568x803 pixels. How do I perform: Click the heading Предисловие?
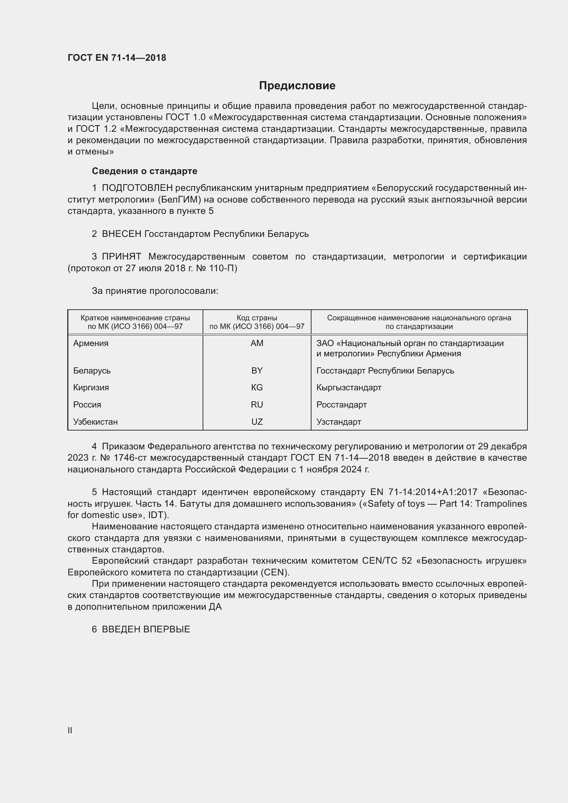[297, 86]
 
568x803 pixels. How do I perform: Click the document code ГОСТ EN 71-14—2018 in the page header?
[117, 58]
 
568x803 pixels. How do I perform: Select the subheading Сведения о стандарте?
[145, 171]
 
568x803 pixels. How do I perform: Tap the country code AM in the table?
[257, 343]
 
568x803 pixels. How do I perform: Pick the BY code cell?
[257, 371]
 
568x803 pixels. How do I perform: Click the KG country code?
[257, 388]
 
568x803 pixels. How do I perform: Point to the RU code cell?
[257, 405]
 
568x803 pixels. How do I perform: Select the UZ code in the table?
[257, 422]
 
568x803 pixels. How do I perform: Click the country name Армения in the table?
[91, 343]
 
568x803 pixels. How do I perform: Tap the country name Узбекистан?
[95, 422]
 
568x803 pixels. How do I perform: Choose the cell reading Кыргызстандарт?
[349, 388]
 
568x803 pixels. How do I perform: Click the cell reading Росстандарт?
[341, 405]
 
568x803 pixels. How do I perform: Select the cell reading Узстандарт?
[339, 422]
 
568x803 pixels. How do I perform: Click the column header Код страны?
[257, 318]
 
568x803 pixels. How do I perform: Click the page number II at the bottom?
[70, 730]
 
